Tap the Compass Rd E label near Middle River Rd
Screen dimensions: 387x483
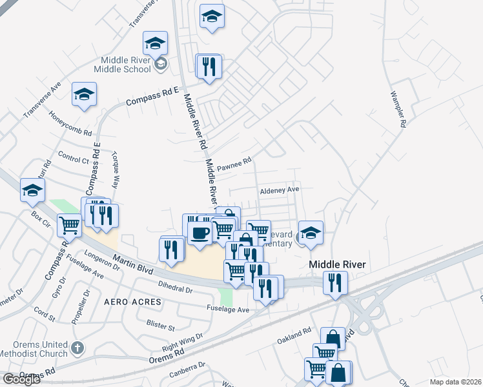[x=152, y=97]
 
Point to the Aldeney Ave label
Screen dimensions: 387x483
[x=280, y=190]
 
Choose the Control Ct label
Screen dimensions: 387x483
[x=73, y=157]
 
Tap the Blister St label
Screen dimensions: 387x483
[x=161, y=323]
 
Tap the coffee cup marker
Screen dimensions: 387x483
[x=200, y=232]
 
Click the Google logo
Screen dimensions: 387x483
[x=21, y=379]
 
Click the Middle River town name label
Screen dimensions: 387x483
[x=337, y=264]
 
